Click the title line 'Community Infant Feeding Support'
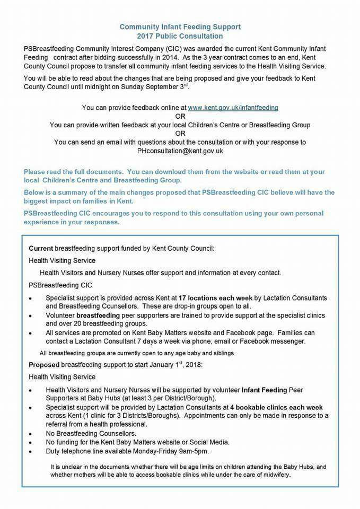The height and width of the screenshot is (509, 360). point(180,27)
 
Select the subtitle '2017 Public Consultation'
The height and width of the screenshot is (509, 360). point(180,36)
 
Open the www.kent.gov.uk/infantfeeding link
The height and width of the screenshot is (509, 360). point(233,108)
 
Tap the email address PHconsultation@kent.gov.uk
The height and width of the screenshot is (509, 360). point(180,151)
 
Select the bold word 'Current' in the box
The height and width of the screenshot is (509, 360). point(41,248)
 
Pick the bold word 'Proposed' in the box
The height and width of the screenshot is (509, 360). point(44,365)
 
